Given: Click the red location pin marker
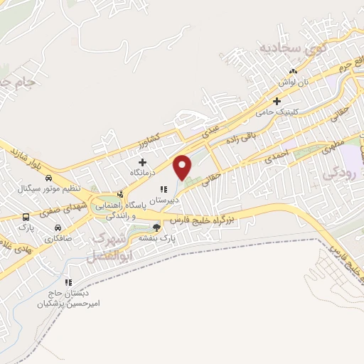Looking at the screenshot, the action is pyautogui.click(x=183, y=166).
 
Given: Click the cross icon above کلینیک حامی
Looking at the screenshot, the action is pyautogui.click(x=278, y=101).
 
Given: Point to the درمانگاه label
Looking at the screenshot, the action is pyautogui.click(x=142, y=172).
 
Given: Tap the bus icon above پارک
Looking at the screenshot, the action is pyautogui.click(x=26, y=217).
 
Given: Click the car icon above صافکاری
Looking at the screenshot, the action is pyautogui.click(x=56, y=227).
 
